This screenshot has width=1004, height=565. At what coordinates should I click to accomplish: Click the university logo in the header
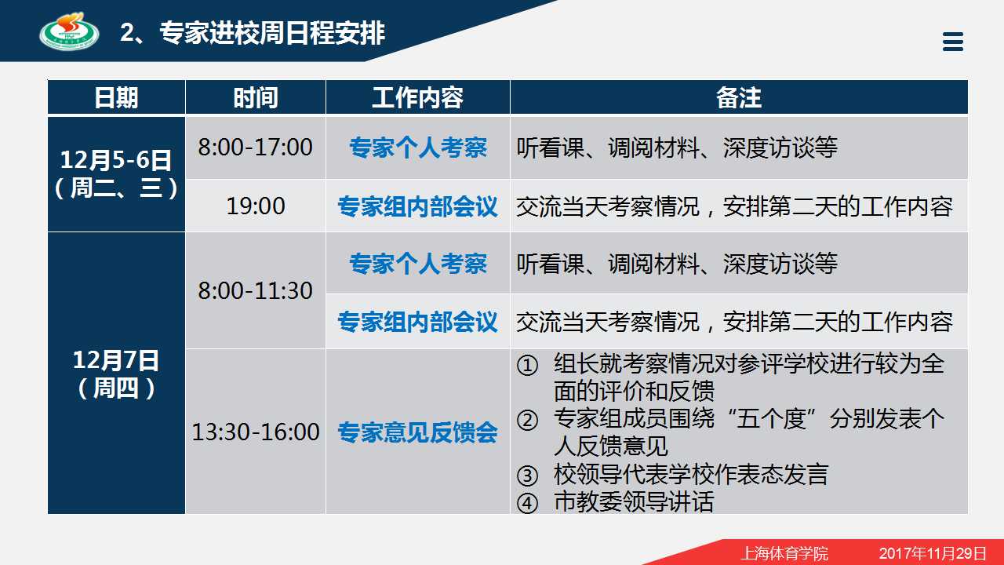tap(70, 31)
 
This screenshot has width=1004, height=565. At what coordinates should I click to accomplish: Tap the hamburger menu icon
tap(953, 42)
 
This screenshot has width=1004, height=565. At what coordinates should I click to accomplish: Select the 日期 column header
tap(116, 97)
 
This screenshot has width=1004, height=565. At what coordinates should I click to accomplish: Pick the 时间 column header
tap(256, 97)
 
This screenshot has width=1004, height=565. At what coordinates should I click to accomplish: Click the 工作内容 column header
tap(418, 97)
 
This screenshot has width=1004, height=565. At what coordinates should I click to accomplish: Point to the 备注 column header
tap(739, 97)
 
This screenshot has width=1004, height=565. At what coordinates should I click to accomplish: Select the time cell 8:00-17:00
tap(256, 147)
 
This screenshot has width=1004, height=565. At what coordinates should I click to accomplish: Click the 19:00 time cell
tap(256, 206)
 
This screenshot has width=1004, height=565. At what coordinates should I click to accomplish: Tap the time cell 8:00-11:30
tap(256, 290)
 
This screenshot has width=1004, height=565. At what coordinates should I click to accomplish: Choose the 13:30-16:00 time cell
tap(256, 432)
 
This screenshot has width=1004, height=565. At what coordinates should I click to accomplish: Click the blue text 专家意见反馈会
tap(418, 432)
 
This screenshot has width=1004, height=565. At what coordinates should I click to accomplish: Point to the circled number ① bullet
tap(527, 365)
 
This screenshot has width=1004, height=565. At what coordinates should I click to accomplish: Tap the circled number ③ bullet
tap(527, 476)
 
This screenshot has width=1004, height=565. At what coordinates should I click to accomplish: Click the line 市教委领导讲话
tap(634, 501)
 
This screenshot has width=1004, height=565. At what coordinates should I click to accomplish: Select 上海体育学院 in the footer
tap(784, 553)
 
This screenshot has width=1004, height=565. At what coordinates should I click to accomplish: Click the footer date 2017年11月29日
tap(933, 553)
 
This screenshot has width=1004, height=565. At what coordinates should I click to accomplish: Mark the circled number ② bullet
tap(527, 420)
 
